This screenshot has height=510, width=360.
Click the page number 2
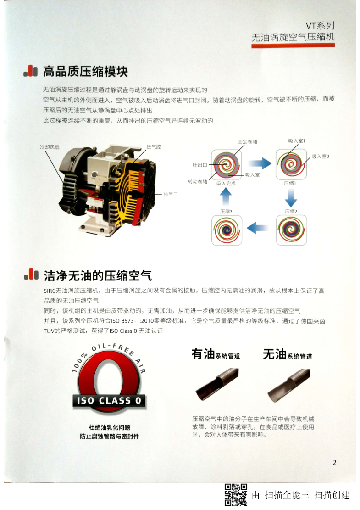pos(334,462)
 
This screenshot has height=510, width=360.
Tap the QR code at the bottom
pos(236,495)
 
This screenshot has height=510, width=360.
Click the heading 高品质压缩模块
pos(85,72)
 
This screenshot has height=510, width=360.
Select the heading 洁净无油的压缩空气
pos(98,275)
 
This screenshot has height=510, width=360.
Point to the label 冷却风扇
pos(50,147)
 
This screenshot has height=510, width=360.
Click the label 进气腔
pos(154,147)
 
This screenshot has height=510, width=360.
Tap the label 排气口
pos(171,194)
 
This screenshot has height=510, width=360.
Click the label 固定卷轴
pos(247,141)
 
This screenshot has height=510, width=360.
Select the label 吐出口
pos(200,165)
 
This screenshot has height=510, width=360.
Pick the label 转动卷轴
pos(198,181)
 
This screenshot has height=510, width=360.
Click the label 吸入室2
pos(321,157)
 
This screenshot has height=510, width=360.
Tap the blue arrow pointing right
pos(260,163)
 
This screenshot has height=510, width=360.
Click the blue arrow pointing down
pos(291,197)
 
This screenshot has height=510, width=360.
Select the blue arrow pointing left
pos(258,228)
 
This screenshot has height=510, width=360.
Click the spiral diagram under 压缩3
pos(227,230)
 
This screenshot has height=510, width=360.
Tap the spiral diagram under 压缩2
pos(291,230)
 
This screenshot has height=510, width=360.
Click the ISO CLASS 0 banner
pos(109,400)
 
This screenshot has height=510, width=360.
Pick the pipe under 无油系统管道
pos(288,385)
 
